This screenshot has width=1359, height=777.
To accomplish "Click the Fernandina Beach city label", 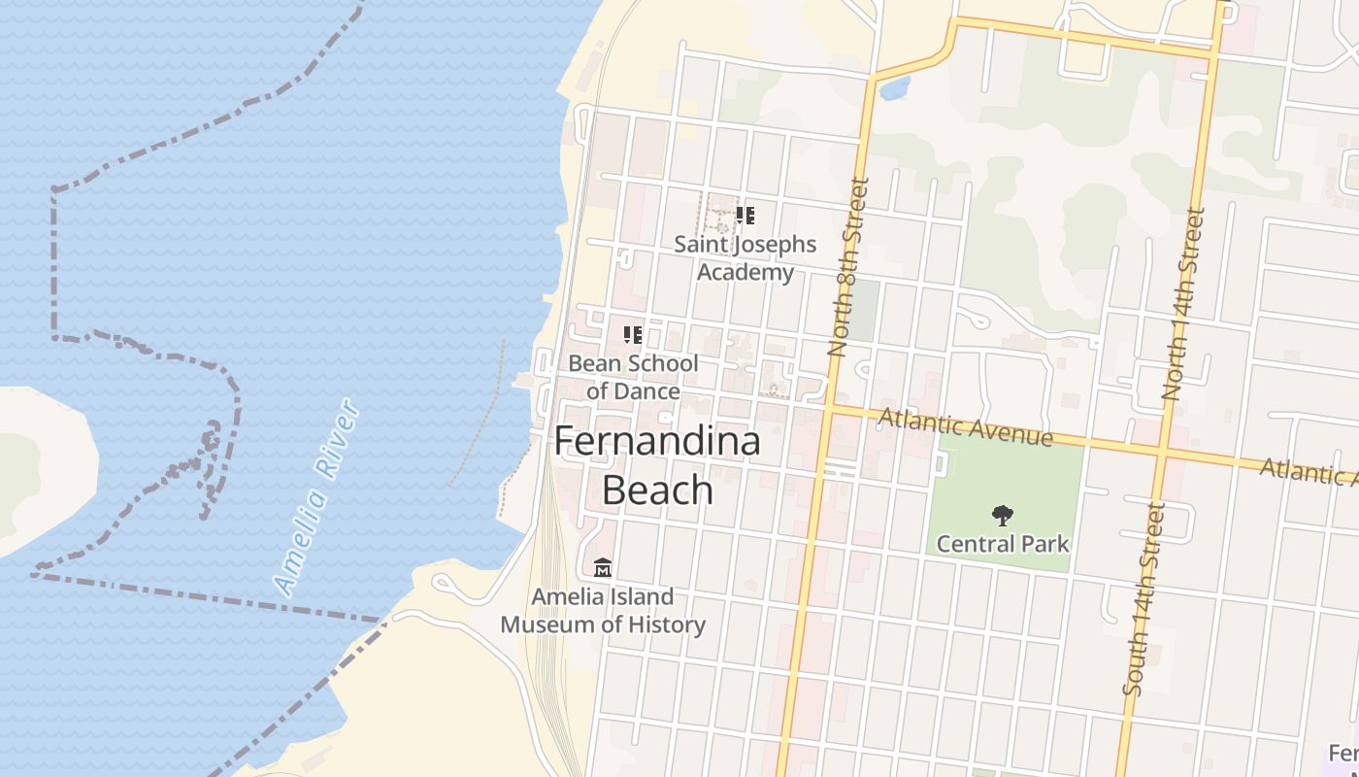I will (x=657, y=465).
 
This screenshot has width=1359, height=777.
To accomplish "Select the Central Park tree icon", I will (x=1003, y=516).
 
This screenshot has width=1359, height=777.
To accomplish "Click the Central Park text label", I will (x=1003, y=544).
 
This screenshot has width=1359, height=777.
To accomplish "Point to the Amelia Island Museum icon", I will (x=603, y=567).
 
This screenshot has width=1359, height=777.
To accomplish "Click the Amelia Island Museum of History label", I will (x=603, y=610).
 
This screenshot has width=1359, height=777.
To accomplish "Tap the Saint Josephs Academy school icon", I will (x=745, y=216).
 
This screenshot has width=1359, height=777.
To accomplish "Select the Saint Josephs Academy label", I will (x=746, y=257).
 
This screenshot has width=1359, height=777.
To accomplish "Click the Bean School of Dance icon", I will (x=633, y=336).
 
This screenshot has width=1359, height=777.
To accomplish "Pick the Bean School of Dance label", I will (x=633, y=377).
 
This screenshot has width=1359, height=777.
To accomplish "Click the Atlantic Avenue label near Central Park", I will (x=965, y=427).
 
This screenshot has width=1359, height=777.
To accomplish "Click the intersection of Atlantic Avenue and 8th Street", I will (x=828, y=410).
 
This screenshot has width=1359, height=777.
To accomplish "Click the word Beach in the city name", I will (x=657, y=490).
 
